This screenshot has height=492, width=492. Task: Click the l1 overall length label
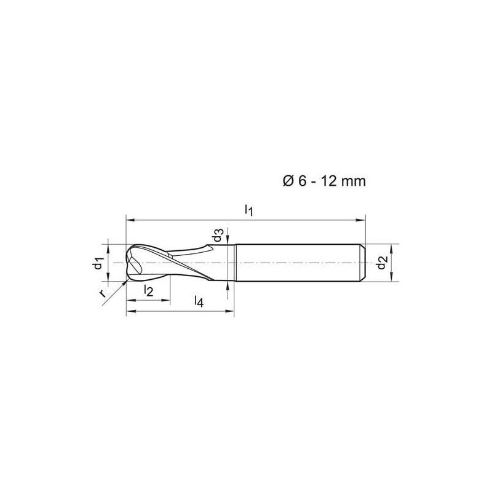(248, 210)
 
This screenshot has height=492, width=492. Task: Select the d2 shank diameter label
(383, 263)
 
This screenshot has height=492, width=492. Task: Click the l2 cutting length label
(148, 290)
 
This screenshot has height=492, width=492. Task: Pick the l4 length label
(198, 301)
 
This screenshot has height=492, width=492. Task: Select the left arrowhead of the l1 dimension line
(129, 218)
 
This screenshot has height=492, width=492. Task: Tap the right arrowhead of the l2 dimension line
(166, 300)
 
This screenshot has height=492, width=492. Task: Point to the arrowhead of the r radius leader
(125, 282)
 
